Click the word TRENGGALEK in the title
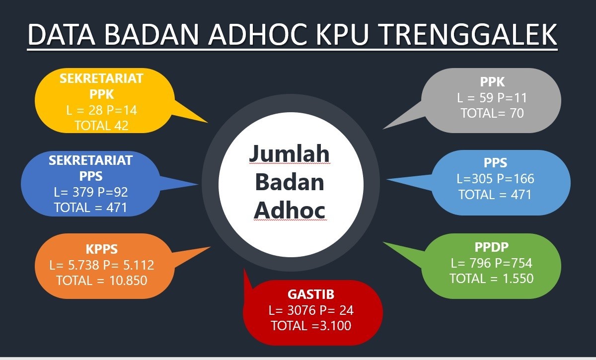tap(469, 35)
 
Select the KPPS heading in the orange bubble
tap(102, 249)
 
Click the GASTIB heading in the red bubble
tap(311, 294)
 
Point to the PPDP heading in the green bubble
tap(491, 247)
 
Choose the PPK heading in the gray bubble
tap(492, 82)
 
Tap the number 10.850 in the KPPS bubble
tap(128, 281)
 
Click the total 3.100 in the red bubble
tap(335, 326)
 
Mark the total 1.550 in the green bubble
tap(518, 279)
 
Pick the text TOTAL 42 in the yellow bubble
tap(102, 126)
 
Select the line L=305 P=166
tap(495, 179)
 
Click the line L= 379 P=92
tap(91, 192)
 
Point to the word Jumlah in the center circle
tap(290, 153)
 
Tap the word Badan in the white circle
tap(290, 182)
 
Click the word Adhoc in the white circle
tap(290, 210)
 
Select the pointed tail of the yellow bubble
tap(207, 122)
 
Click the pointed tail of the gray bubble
tap(383, 129)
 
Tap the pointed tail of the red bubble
tap(244, 269)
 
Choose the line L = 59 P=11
tap(492, 98)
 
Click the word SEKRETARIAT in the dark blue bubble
tap(91, 160)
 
